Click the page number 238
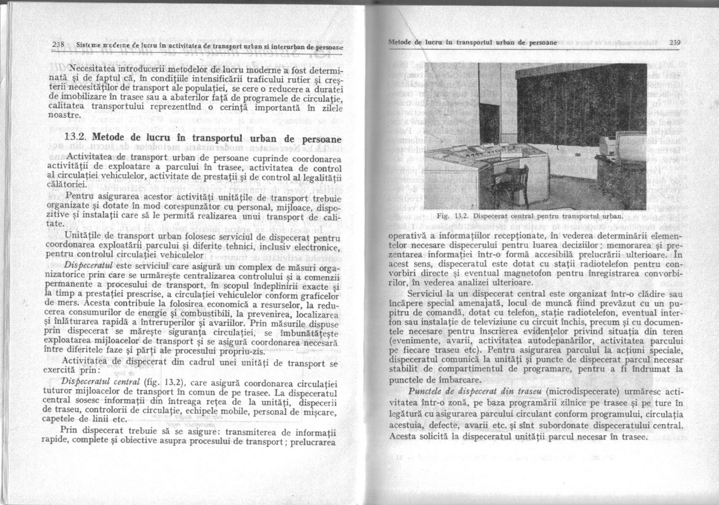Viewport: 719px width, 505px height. (58, 45)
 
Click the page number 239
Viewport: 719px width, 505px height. (676, 43)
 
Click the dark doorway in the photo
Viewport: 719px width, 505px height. (490, 122)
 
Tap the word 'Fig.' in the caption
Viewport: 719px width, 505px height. (444, 215)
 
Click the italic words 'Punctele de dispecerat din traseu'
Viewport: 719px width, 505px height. (464, 391)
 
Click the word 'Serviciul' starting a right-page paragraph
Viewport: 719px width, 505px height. (427, 294)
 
